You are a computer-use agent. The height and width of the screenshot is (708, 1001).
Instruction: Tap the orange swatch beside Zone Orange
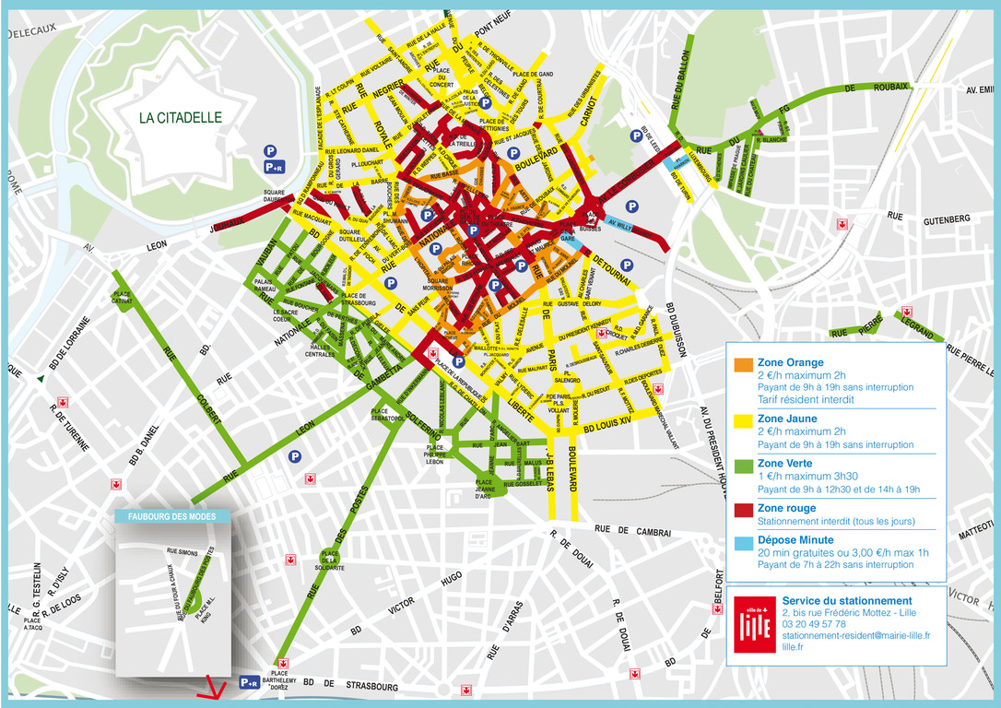pyautogui.click(x=742, y=365)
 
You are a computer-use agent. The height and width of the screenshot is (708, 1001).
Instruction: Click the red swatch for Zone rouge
pyautogui.click(x=742, y=509)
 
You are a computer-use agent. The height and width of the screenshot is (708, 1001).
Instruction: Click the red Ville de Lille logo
pyautogui.click(x=754, y=623)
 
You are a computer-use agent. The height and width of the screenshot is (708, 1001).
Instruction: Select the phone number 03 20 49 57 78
pyautogui.click(x=814, y=624)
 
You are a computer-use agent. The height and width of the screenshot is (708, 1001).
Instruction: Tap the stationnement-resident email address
pyautogui.click(x=855, y=635)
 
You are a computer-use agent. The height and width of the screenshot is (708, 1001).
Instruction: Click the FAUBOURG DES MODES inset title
pyautogui.click(x=171, y=516)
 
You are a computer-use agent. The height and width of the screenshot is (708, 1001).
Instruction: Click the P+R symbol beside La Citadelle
pyautogui.click(x=274, y=167)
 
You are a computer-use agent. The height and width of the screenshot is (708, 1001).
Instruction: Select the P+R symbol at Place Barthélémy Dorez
pyautogui.click(x=249, y=682)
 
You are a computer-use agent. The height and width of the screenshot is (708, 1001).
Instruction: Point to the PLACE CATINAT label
pyautogui.click(x=122, y=298)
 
